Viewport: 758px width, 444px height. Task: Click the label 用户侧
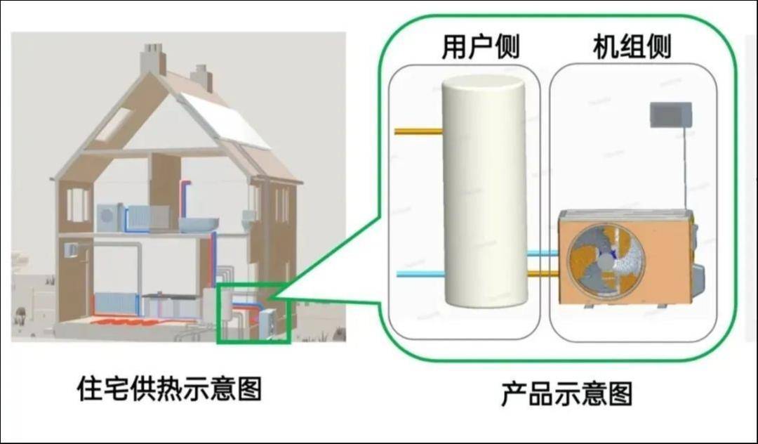[481, 47]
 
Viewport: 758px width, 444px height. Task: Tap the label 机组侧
[632, 47]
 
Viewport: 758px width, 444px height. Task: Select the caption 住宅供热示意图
[169, 388]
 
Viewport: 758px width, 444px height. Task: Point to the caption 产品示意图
[566, 393]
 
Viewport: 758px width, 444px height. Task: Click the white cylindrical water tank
[484, 191]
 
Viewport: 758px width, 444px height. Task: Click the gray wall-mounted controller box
[670, 115]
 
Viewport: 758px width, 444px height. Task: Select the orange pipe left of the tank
[418, 131]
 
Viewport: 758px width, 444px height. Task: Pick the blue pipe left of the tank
[420, 274]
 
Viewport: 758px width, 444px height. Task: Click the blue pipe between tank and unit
[543, 253]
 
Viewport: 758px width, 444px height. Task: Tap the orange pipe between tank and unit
[543, 274]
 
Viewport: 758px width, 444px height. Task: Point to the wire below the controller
[685, 169]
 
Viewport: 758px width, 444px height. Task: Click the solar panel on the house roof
[225, 121]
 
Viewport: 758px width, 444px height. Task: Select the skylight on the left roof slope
[114, 124]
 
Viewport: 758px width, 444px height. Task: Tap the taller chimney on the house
[153, 58]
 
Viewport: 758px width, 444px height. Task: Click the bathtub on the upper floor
[198, 224]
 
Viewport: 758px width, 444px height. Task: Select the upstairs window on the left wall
[78, 205]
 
